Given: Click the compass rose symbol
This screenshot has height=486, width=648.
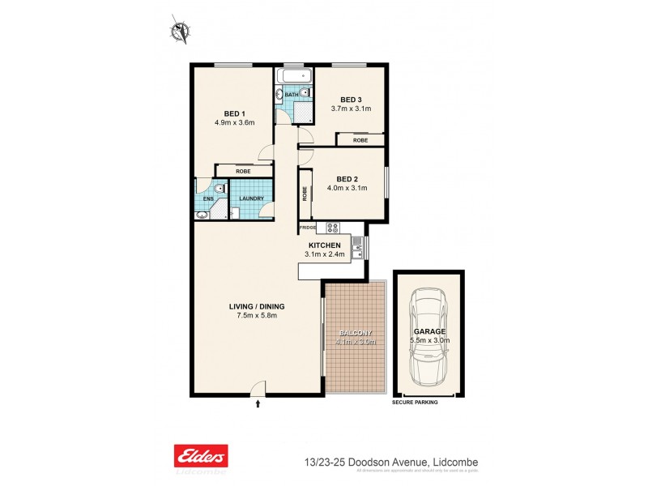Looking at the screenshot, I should (x=180, y=31).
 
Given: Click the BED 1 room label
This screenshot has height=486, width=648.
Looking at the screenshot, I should (x=234, y=113).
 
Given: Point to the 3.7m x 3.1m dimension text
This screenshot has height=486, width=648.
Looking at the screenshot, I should (x=351, y=109).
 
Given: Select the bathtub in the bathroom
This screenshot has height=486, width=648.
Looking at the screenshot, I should (x=293, y=77).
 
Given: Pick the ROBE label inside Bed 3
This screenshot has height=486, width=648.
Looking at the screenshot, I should (x=360, y=140).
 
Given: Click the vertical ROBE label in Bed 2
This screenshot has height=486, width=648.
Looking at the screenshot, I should (x=305, y=194).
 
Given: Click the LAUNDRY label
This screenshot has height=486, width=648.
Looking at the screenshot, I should (x=251, y=198).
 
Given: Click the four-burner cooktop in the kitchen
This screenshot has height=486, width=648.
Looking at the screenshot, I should (x=332, y=228).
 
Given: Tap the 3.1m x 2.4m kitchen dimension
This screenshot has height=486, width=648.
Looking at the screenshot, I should (x=327, y=254).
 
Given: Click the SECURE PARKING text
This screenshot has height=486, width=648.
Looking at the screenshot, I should (x=414, y=402).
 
